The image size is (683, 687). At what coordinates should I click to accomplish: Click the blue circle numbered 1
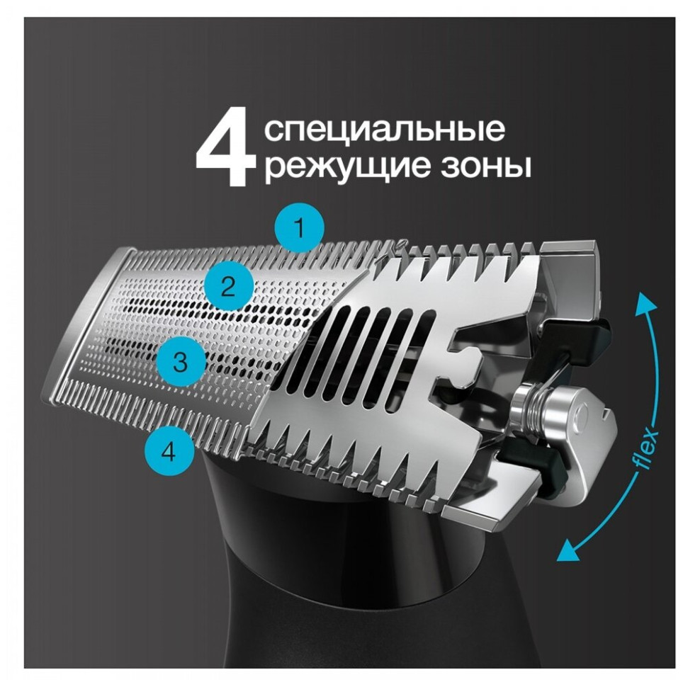[x=300, y=229]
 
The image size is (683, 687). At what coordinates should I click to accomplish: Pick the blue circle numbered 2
[x=227, y=287]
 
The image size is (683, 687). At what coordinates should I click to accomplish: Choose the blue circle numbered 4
[x=168, y=451]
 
